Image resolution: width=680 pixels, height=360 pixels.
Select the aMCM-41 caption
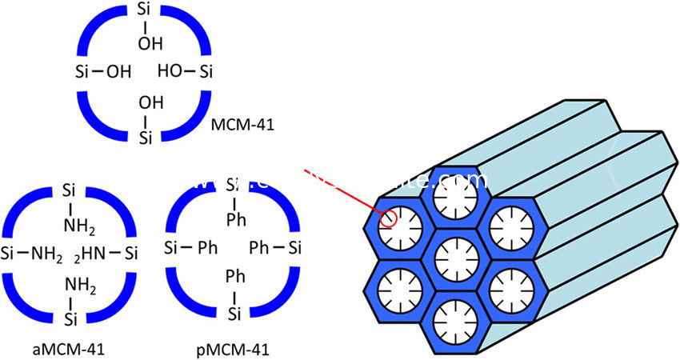pyautogui.click(x=68, y=350)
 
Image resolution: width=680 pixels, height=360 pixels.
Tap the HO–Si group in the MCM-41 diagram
pyautogui.click(x=186, y=74)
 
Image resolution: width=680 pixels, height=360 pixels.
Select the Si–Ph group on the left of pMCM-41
pyautogui.click(x=189, y=245)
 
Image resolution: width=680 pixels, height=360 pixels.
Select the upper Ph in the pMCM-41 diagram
pyautogui.click(x=234, y=217)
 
